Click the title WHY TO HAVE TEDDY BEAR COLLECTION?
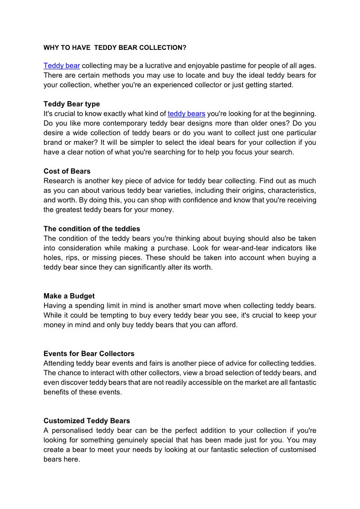click(x=115, y=47)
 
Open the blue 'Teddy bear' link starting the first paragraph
click(x=62, y=66)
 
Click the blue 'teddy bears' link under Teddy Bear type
click(x=186, y=113)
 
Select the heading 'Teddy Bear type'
click(x=72, y=104)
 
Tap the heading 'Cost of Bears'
click(x=67, y=171)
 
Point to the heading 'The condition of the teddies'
click(x=92, y=229)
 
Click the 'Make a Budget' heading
click(x=69, y=296)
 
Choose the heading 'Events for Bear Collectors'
click(x=89, y=353)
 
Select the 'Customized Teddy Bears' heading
click(x=87, y=421)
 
